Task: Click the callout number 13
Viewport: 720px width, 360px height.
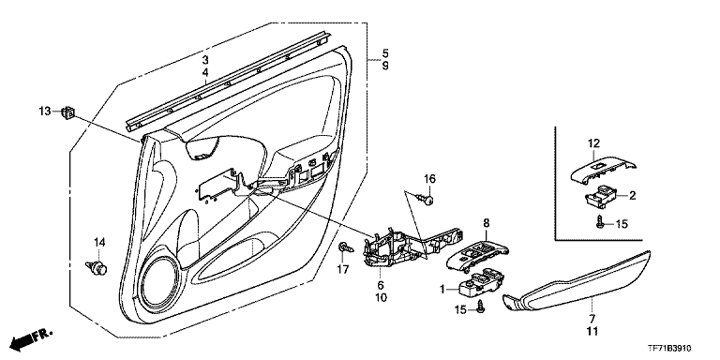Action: [45, 112]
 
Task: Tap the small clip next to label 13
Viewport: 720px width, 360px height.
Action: [68, 112]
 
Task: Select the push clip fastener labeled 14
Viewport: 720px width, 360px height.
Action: [97, 268]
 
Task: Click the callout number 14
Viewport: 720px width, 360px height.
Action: [99, 242]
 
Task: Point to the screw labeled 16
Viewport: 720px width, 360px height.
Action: [426, 199]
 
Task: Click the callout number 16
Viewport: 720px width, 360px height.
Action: [428, 179]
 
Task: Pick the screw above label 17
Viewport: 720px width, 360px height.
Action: [346, 248]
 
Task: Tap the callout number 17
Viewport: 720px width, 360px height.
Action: [343, 268]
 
